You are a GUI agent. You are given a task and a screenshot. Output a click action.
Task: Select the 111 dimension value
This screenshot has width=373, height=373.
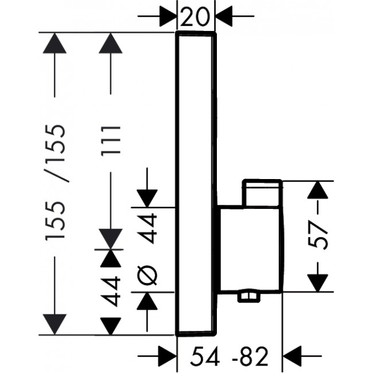pos(111,141)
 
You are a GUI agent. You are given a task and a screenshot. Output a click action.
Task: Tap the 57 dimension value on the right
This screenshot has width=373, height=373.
pos(318,235)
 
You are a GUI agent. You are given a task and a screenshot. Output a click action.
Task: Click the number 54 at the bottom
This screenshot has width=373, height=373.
pos(205,356)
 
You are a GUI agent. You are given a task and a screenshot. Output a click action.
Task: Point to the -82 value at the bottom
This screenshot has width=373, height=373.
pos(250,356)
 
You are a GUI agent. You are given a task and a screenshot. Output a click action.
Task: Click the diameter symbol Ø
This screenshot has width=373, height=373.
pos(147,275)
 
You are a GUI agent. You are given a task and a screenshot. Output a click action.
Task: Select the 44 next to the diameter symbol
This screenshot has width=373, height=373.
pos(148,228)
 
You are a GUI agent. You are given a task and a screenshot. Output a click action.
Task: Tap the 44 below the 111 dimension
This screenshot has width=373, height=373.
pos(110,291)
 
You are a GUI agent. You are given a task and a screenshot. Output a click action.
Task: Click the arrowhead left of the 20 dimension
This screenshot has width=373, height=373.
pos(168,16)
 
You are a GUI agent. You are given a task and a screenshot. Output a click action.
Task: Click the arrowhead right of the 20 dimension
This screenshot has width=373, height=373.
pos(224,16)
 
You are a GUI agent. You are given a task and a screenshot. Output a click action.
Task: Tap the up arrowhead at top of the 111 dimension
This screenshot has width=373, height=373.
pos(111,43)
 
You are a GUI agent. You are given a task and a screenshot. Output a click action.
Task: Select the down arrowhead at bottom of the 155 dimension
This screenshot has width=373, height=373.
pos(55,324)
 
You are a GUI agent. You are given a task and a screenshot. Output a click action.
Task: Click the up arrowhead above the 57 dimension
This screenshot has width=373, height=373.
pos(317,189)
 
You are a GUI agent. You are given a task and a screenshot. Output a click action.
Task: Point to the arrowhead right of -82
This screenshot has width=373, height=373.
pos(292,356)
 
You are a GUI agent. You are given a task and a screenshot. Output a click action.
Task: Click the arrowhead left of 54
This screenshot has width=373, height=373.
pos(168,356)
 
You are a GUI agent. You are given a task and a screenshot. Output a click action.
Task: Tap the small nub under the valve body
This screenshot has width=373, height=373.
pos(248,296)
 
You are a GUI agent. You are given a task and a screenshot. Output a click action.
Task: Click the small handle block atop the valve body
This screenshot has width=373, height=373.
pos(262,193)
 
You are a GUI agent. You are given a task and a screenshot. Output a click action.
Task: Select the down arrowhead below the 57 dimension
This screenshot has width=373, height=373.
pos(317,283)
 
